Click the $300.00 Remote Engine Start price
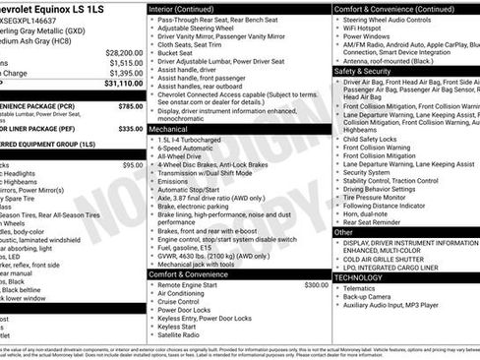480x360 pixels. point(316,285)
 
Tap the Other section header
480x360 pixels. point(346,233)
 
